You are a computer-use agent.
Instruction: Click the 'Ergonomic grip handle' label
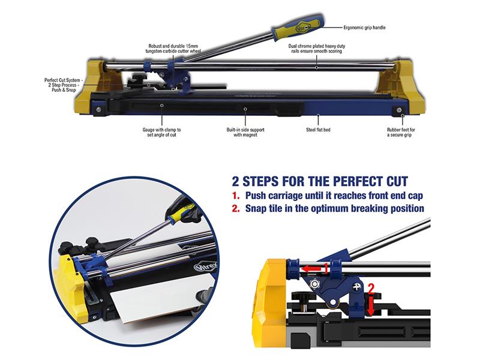click(364, 28)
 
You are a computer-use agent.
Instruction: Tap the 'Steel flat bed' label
click(318, 130)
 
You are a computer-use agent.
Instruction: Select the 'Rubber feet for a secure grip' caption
click(401, 132)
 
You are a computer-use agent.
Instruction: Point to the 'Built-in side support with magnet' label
click(245, 132)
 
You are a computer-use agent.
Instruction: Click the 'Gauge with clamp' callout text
click(161, 132)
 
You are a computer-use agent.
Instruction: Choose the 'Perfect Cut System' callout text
click(62, 85)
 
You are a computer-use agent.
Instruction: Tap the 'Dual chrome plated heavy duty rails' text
click(317, 49)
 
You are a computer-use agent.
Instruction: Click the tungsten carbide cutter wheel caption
click(173, 49)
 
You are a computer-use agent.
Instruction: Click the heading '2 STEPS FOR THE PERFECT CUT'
click(320, 181)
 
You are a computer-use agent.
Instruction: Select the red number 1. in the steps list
click(235, 196)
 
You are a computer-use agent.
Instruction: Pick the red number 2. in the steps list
click(235, 209)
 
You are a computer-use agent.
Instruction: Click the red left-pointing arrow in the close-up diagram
click(311, 269)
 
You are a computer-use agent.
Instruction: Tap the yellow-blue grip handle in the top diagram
click(296, 28)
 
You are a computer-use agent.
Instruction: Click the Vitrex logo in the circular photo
click(206, 266)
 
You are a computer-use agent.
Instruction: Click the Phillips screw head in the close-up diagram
click(356, 287)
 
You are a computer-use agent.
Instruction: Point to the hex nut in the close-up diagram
click(313, 284)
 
